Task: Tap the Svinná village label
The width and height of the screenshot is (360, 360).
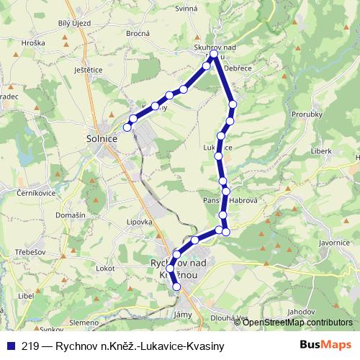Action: (186, 8)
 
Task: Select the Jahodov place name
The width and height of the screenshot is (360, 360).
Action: (299, 312)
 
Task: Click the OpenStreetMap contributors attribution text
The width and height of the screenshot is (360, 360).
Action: (297, 322)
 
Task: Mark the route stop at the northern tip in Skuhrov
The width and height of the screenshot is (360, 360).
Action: (214, 53)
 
